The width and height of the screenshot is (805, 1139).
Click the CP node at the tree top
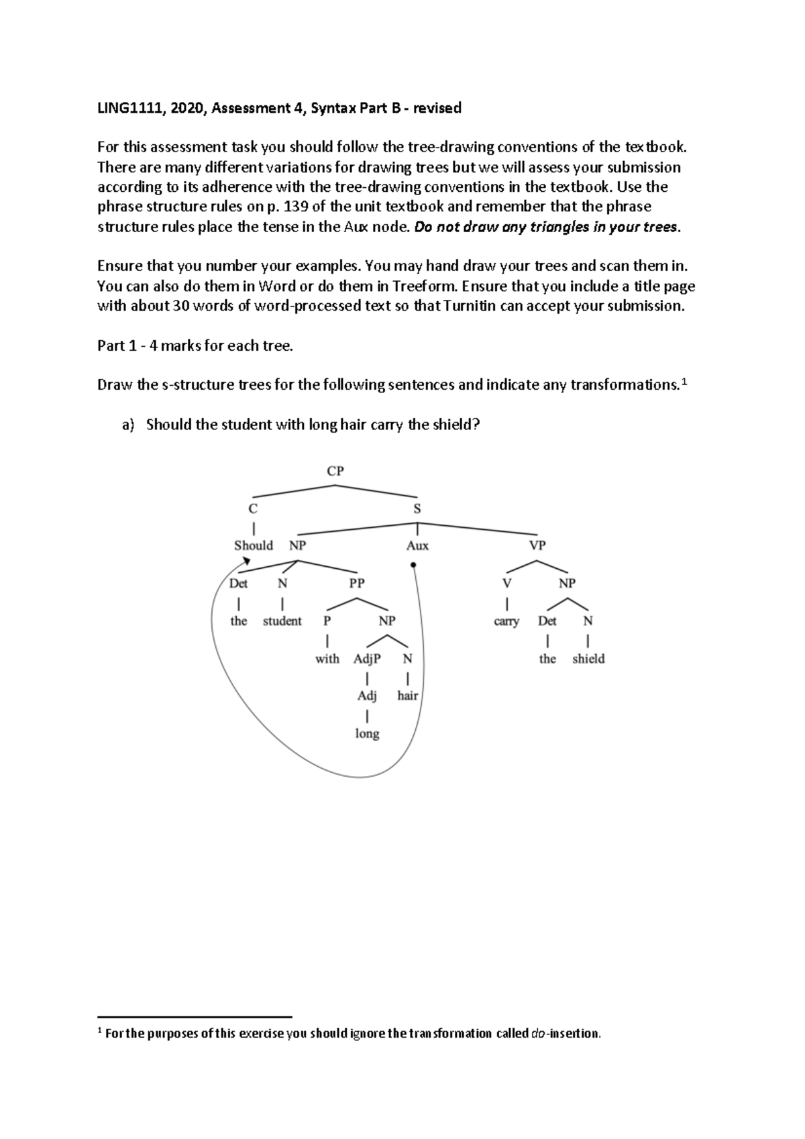pyautogui.click(x=335, y=471)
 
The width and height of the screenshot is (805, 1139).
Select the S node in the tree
pyautogui.click(x=417, y=508)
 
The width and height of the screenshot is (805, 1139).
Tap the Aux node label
pyautogui.click(x=417, y=545)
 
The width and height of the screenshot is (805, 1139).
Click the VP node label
pyautogui.click(x=537, y=545)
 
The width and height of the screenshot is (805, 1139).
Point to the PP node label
pyautogui.click(x=357, y=583)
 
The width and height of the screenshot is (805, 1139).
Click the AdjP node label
pyautogui.click(x=367, y=659)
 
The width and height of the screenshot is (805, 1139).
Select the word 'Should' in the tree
pyautogui.click(x=253, y=545)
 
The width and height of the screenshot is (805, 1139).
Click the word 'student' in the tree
pyautogui.click(x=282, y=621)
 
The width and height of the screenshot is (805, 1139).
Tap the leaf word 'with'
pyautogui.click(x=327, y=659)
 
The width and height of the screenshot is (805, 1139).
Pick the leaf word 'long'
pyautogui.click(x=367, y=734)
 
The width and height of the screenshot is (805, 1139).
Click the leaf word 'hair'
pyautogui.click(x=407, y=696)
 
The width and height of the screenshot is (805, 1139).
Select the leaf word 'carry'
pyautogui.click(x=506, y=621)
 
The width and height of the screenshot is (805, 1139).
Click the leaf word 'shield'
pyautogui.click(x=588, y=659)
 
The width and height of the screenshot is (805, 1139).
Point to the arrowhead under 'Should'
pyautogui.click(x=248, y=563)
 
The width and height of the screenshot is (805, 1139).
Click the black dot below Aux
pyautogui.click(x=413, y=565)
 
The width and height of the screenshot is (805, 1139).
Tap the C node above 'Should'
pyautogui.click(x=253, y=508)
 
